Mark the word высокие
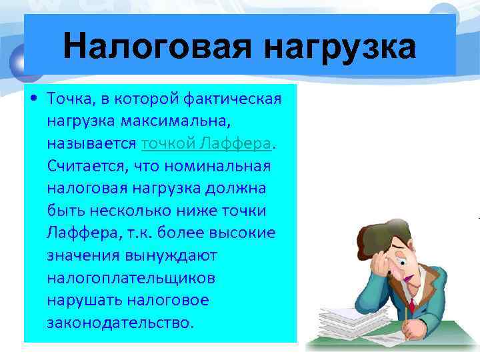234,233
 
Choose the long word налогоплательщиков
131,277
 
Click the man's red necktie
411,304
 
